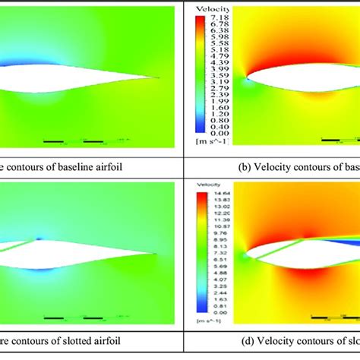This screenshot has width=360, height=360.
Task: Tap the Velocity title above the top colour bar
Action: click(210, 8)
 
